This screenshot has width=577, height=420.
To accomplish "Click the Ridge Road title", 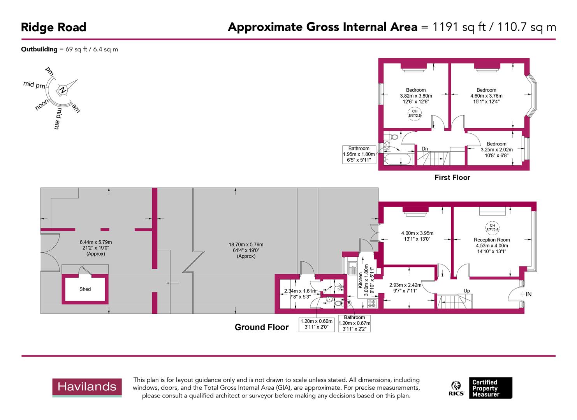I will pyautogui.click(x=53, y=27).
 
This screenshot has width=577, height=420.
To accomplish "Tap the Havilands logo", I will pyautogui.click(x=87, y=387).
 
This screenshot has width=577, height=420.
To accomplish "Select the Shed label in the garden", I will pyautogui.click(x=85, y=289).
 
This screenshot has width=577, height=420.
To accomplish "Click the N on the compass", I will pyautogui.click(x=62, y=90).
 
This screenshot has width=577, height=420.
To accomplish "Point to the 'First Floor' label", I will pyautogui.click(x=452, y=178).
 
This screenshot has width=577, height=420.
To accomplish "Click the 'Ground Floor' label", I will pyautogui.click(x=261, y=327).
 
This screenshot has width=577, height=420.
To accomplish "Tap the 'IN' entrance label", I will pyautogui.click(x=528, y=294).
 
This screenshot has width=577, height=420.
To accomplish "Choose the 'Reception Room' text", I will pyautogui.click(x=491, y=240).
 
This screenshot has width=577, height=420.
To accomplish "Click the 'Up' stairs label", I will pyautogui.click(x=466, y=291).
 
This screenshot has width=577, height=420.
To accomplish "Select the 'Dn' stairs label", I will pyautogui.click(x=425, y=149).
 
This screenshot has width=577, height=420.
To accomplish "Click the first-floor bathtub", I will pyautogui.click(x=397, y=159).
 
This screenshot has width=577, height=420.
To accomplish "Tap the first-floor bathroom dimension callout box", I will pyautogui.click(x=359, y=154).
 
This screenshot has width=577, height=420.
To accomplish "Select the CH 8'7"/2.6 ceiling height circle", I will pyautogui.click(x=492, y=227).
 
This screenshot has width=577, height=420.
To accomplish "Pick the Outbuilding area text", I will pyautogui.click(x=69, y=49).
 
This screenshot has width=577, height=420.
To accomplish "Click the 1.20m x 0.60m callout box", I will pyautogui.click(x=317, y=324).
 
